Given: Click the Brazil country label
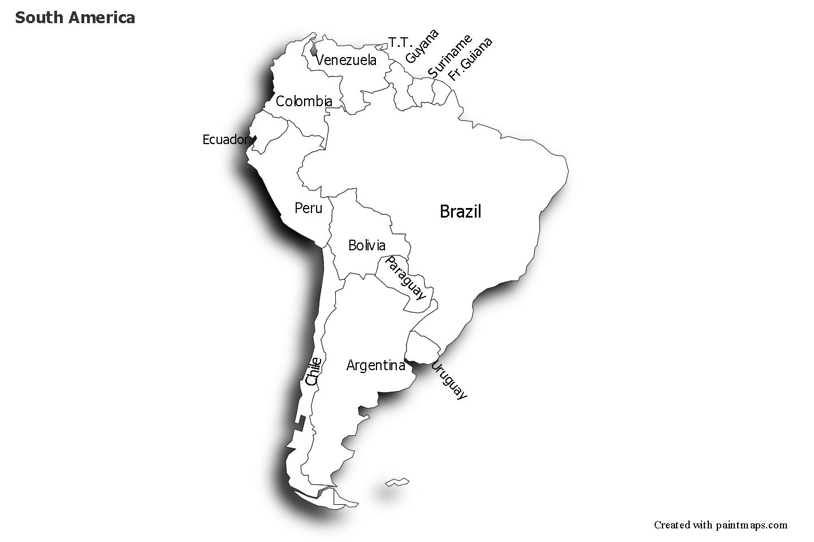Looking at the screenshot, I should point(460,212).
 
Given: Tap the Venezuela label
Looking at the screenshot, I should point(346,60).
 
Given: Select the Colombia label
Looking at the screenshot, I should point(304,102).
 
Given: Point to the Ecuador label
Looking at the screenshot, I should point(225,140).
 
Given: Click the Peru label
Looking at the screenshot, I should point(308,209).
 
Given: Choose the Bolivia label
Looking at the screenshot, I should point(367,245).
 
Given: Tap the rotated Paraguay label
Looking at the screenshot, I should point(405,277).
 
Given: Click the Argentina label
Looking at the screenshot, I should point(375,366).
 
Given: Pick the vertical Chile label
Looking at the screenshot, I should point(313,371).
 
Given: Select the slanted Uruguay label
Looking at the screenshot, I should point(449,380).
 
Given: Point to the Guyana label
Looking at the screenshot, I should point(422,46).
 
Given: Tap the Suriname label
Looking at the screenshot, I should point(449,57).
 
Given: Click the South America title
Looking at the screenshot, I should point(75,18).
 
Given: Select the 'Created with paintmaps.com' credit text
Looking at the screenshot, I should point(720,525).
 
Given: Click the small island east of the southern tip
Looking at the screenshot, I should point(397,482).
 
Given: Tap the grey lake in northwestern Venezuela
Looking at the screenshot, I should point(314,47).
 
